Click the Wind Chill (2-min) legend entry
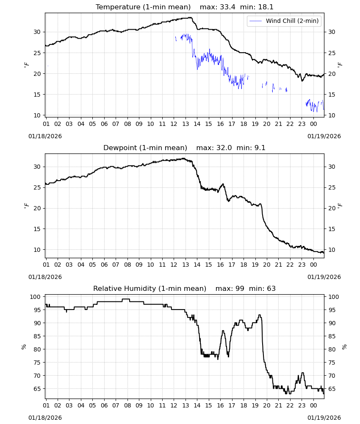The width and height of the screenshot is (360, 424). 284,21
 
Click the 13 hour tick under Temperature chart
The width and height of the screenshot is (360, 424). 186,124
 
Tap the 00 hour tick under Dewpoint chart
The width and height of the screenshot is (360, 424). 313,265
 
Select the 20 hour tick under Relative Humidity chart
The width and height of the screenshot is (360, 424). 267,406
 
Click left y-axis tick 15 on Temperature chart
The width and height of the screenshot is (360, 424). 37,95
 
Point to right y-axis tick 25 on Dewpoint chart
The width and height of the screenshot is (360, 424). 332,188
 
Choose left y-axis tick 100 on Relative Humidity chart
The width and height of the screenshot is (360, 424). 35,297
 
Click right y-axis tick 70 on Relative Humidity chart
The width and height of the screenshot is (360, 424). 332,376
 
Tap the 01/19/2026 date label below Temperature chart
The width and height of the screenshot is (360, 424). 324,136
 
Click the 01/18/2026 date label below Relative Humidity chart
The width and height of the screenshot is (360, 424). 45,418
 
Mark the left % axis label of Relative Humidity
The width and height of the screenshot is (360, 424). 24,347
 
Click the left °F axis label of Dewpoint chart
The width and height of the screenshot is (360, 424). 26,206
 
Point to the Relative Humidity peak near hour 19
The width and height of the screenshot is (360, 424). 260,315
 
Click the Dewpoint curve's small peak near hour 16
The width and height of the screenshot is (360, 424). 223,184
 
